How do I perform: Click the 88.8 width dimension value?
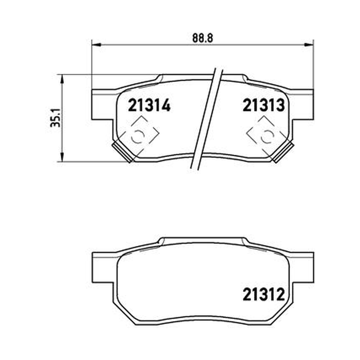(x=203, y=38)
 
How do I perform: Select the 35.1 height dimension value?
(x=55, y=118)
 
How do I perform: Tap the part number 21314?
(x=149, y=105)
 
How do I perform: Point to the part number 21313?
(x=264, y=105)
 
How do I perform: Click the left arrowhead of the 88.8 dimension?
(x=96, y=45)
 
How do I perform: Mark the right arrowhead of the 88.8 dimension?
(x=309, y=45)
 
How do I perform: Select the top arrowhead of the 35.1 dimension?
(x=62, y=79)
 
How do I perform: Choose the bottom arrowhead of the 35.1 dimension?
(x=62, y=157)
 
